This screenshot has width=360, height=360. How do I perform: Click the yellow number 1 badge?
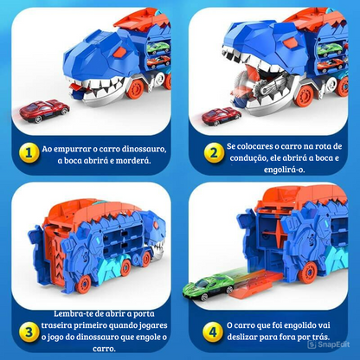29,152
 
